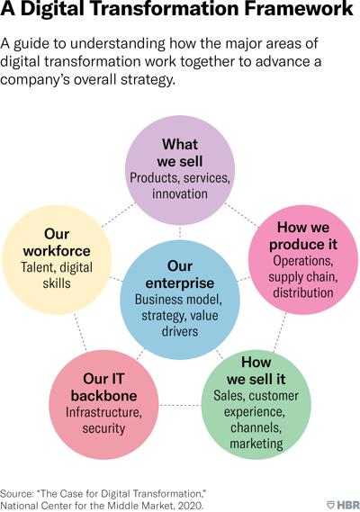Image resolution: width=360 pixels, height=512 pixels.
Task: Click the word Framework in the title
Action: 299,8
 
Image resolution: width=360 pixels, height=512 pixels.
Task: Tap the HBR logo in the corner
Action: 343,504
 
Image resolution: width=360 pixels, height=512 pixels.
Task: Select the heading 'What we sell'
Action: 180,153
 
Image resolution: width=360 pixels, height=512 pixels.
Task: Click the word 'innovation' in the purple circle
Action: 180,193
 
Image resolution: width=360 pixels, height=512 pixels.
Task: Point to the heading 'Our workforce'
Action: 57,242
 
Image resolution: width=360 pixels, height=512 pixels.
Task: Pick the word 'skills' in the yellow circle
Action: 57,283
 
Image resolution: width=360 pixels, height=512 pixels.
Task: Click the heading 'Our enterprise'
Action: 180,274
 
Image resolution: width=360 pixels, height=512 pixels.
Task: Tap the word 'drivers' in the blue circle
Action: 180,331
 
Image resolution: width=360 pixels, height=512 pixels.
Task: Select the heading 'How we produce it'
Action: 303,236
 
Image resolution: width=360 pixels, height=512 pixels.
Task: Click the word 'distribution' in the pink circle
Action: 303,292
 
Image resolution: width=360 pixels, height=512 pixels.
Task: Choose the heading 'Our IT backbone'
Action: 103,387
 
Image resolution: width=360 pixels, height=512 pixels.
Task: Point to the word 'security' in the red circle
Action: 103,428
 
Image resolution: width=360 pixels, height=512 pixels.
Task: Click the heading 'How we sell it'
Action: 256,371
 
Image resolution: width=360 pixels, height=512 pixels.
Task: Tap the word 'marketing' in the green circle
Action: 256,444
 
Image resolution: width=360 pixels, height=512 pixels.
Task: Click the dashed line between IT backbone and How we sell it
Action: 180,405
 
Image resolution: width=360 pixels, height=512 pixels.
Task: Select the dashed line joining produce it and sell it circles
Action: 280,332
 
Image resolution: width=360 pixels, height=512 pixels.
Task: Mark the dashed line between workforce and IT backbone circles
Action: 80,332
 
